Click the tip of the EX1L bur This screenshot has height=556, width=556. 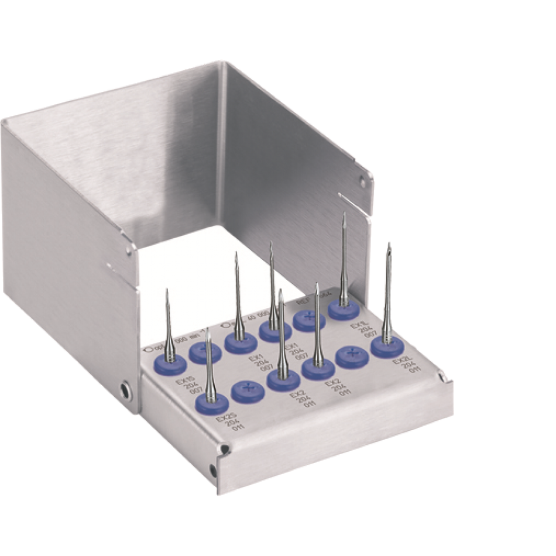coord(344,214)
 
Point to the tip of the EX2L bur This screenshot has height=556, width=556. coord(388,245)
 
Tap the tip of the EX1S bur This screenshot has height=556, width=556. coord(167,290)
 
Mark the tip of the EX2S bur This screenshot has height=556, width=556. coord(208,330)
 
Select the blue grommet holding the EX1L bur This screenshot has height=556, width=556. coord(344,308)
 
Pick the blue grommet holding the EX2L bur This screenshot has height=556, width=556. coord(387,346)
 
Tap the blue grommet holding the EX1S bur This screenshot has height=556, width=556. coord(170,364)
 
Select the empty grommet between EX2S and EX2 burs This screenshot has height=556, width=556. coord(248,390)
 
